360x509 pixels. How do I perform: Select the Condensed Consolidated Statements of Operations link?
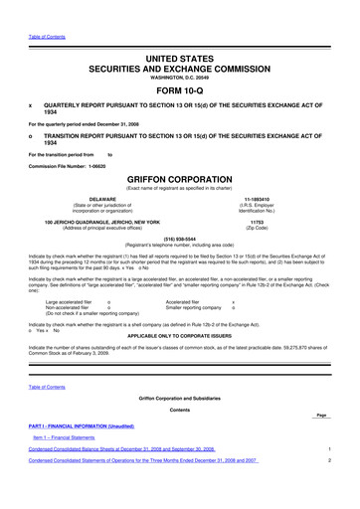click(x=143, y=489)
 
